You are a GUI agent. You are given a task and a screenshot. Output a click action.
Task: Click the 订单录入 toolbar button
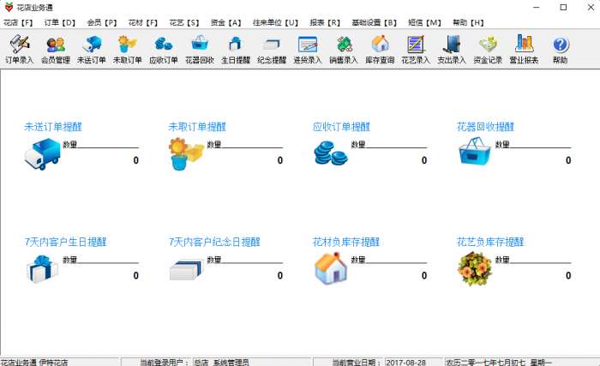(x=19, y=50)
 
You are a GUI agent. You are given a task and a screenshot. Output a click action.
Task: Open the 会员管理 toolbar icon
(x=56, y=50)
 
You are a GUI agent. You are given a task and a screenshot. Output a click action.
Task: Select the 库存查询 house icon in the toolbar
(x=380, y=50)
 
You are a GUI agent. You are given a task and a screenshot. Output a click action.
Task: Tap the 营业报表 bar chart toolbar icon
(x=524, y=50)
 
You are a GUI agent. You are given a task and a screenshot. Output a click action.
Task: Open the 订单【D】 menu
(x=60, y=22)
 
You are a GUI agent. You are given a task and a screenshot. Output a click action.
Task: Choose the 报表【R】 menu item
(x=325, y=22)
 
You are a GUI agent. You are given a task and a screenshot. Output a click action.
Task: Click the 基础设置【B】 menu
(x=375, y=22)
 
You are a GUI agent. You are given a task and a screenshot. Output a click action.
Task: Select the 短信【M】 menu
(x=425, y=22)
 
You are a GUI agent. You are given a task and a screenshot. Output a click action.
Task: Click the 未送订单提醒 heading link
(x=53, y=127)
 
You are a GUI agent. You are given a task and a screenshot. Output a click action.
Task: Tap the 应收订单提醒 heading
(x=341, y=127)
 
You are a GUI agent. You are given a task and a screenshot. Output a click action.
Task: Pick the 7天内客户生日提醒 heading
(x=65, y=242)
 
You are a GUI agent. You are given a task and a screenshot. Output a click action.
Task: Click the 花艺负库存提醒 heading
(x=490, y=242)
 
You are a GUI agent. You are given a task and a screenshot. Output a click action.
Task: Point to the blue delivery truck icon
(x=43, y=154)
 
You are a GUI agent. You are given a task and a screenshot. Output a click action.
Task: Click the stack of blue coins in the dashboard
(x=331, y=153)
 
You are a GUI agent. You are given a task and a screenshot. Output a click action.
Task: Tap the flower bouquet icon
(x=475, y=269)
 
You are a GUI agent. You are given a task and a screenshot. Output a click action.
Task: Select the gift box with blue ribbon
(x=42, y=269)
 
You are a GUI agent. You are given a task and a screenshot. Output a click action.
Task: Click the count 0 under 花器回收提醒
(x=568, y=160)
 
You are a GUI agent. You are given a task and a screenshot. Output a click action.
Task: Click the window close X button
(x=591, y=7)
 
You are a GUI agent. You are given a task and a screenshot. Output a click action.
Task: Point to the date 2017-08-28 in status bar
(x=406, y=363)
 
